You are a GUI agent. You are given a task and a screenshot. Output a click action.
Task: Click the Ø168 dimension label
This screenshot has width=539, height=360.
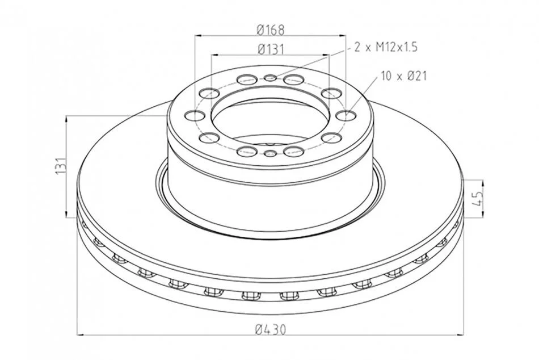(x=271, y=30)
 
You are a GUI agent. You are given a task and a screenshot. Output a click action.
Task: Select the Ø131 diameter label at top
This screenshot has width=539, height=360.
(x=271, y=49)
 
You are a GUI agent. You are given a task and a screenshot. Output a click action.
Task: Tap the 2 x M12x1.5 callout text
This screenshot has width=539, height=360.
(x=386, y=47)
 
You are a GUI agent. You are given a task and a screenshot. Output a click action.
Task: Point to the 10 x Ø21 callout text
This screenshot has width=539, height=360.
(x=403, y=76)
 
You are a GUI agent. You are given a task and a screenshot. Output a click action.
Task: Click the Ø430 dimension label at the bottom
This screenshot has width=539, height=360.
(x=271, y=330)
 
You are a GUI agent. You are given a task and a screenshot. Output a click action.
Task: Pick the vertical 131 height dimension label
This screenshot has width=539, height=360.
(x=61, y=166)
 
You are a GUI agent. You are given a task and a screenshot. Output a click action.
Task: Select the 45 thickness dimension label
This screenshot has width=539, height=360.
(x=478, y=199)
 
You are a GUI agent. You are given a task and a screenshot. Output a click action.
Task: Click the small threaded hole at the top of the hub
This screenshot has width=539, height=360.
(x=270, y=77)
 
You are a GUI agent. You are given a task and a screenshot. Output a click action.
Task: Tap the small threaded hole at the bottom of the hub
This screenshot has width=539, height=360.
(x=270, y=153)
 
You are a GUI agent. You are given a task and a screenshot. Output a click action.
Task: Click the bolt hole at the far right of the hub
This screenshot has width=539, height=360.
(x=346, y=115)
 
